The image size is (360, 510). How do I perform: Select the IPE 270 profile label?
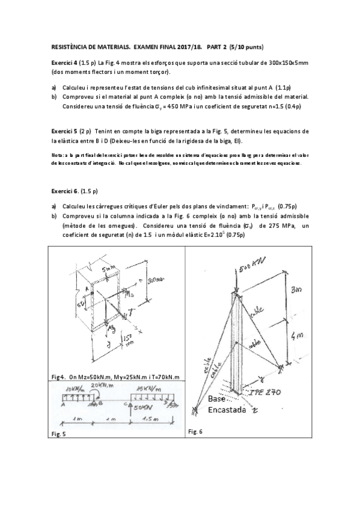(x=277, y=390)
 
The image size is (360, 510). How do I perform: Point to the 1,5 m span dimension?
(x=150, y=418)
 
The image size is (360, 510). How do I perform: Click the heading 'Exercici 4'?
(x=63, y=63)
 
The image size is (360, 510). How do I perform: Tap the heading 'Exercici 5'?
(x=63, y=131)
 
